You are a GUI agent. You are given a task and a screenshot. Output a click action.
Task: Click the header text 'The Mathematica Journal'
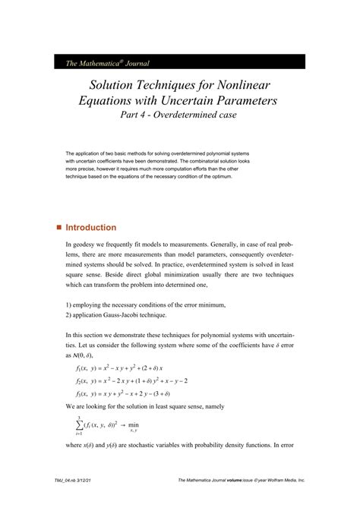(96, 62)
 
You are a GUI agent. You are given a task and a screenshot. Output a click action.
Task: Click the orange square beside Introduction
(58, 228)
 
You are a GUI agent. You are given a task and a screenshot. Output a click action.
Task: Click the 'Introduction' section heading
(91, 228)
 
